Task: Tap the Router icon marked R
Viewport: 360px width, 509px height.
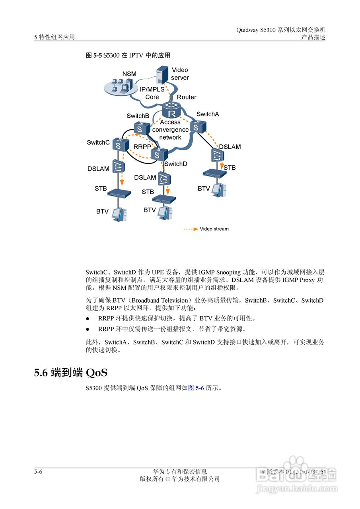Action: pyautogui.click(x=172, y=110)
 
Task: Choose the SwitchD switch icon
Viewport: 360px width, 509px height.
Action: pyautogui.click(x=158, y=154)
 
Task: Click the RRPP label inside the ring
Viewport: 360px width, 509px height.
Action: pyautogui.click(x=142, y=147)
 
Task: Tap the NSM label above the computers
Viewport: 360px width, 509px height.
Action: pyautogui.click(x=129, y=74)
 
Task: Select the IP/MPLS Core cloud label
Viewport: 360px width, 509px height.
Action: pyautogui.click(x=152, y=93)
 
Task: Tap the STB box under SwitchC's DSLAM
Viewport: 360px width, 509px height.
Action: pyautogui.click(x=120, y=193)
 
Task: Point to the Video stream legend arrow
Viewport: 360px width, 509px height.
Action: pyautogui.click(x=191, y=229)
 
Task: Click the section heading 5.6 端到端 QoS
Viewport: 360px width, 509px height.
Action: pyautogui.click(x=71, y=373)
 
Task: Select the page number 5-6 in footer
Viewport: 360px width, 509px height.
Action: pyautogui.click(x=38, y=472)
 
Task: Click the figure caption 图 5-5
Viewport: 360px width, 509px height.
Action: pyautogui.click(x=94, y=55)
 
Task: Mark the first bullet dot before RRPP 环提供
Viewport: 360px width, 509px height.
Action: pyautogui.click(x=88, y=319)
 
